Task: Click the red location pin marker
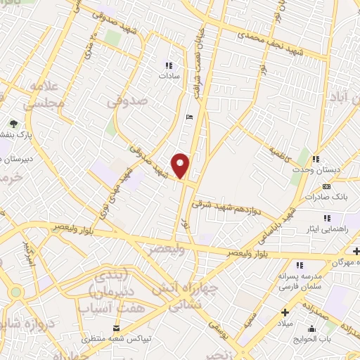(181, 165)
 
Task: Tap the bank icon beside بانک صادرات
(326, 186)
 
